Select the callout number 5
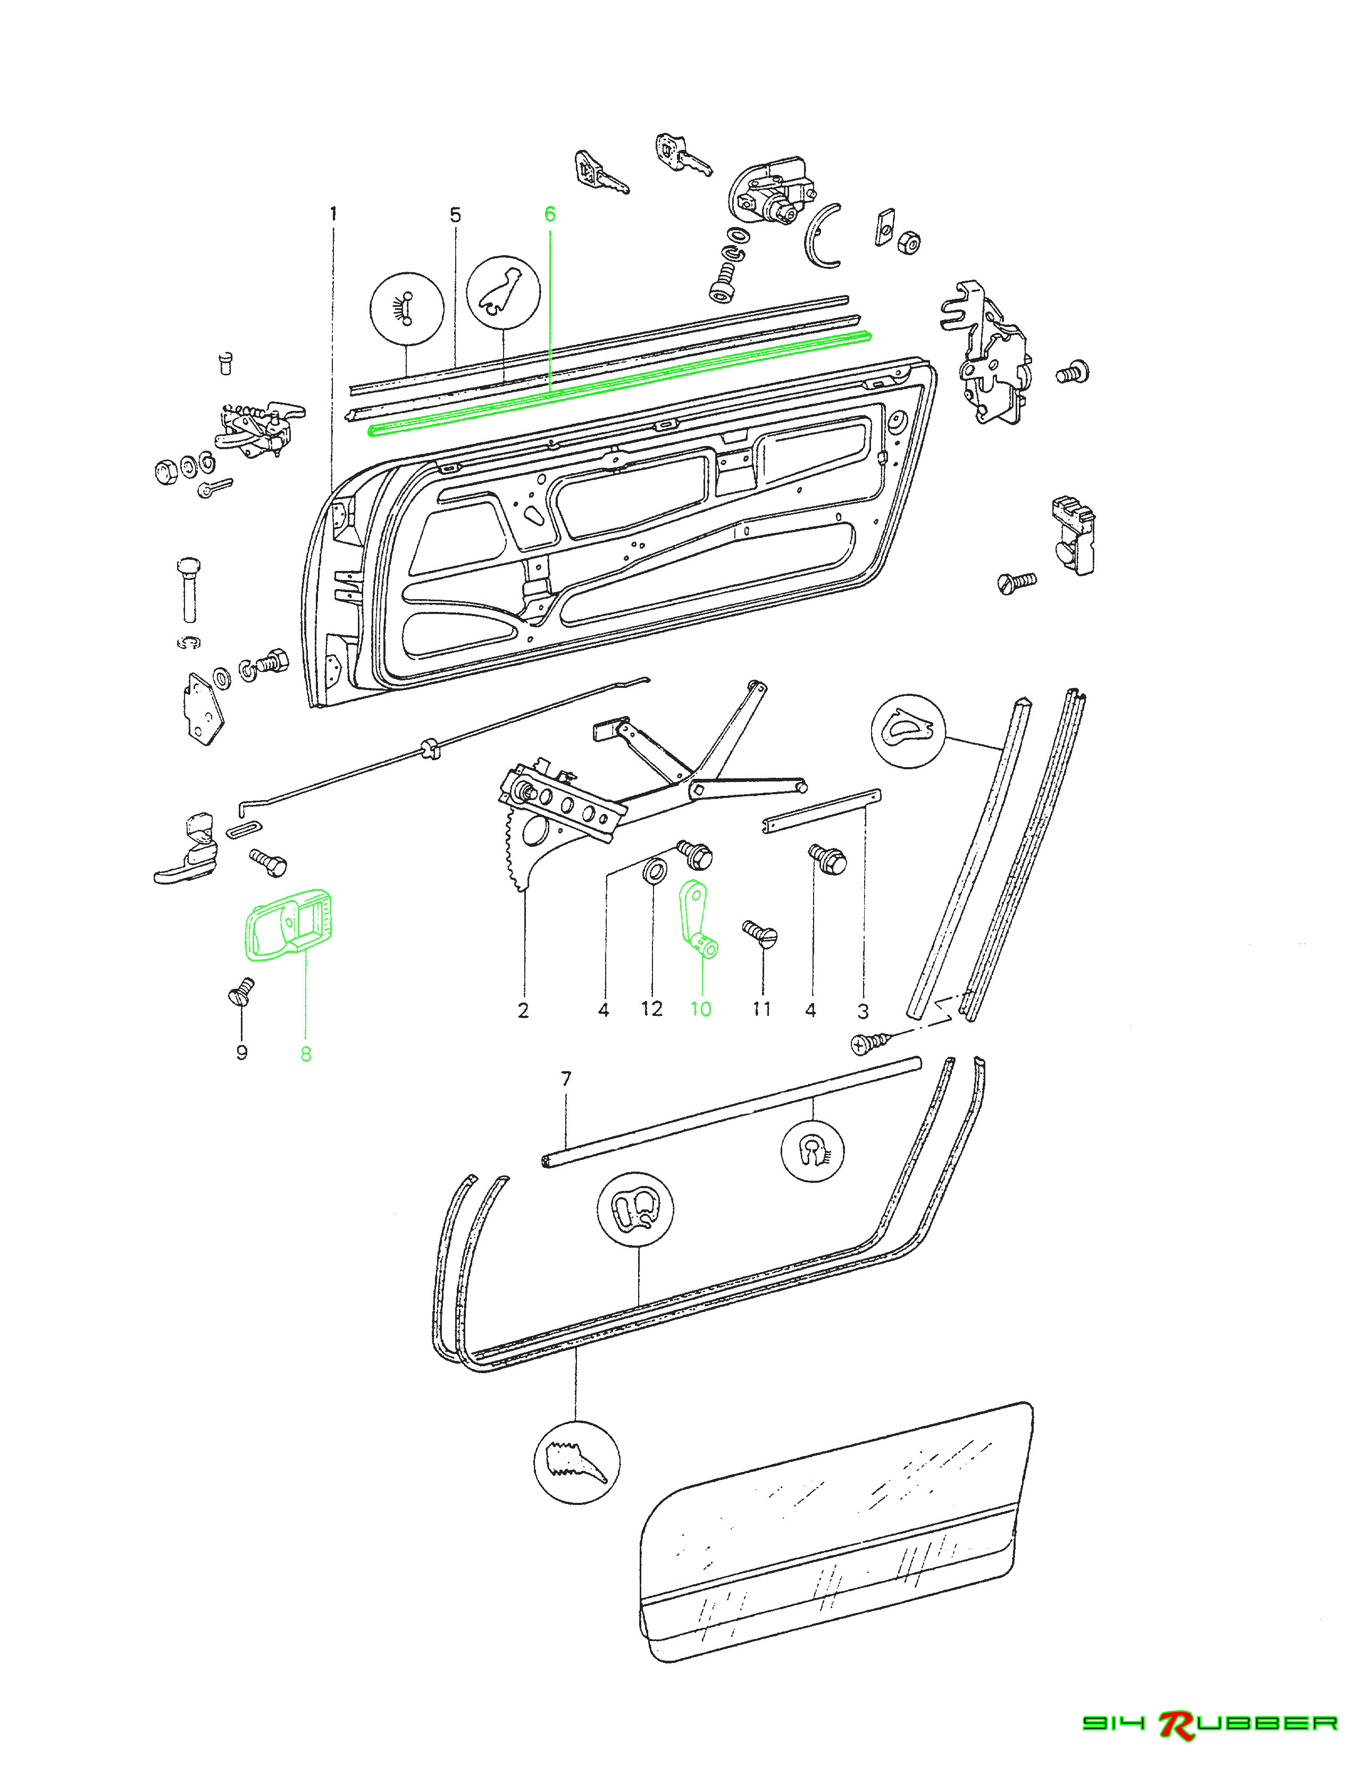pos(455,215)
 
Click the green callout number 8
pos(306,1054)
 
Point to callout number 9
pos(241,1053)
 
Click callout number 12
pos(652,1009)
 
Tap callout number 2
pos(523,1010)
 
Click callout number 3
pos(863,1011)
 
